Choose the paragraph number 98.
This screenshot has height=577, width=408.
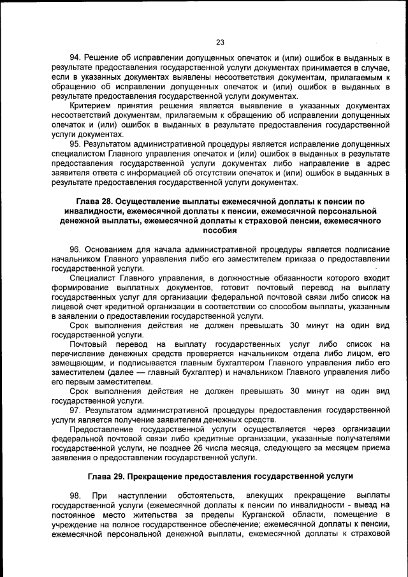point(75,495)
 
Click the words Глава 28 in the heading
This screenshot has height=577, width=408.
point(87,201)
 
